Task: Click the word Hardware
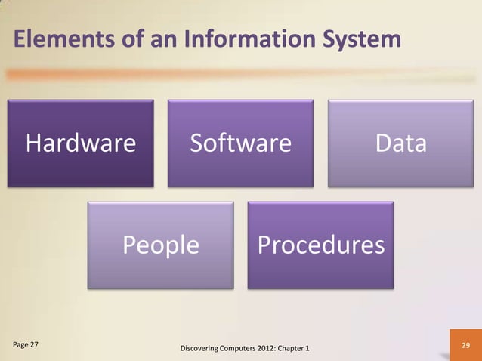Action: tap(82, 143)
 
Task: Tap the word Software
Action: tap(240, 143)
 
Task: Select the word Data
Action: tap(401, 143)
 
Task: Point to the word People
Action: tap(161, 245)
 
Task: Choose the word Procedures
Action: tap(320, 245)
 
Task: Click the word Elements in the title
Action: tap(55, 40)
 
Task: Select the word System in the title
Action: tap(352, 40)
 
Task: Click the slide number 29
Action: tap(465, 345)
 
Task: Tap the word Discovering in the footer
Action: tap(199, 348)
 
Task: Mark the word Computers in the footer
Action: tap(241, 348)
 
